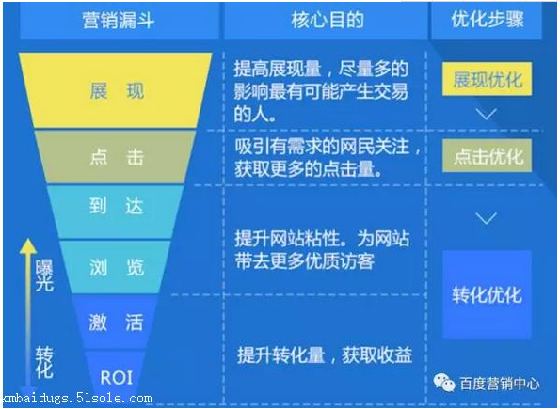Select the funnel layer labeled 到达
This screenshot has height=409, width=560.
click(117, 208)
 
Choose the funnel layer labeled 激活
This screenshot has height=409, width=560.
click(117, 322)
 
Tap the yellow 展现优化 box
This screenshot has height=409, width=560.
click(487, 80)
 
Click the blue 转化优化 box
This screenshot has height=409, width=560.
click(487, 294)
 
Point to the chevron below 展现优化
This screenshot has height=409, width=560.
click(487, 115)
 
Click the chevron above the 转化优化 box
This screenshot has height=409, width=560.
click(487, 219)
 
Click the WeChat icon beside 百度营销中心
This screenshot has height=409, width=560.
click(440, 383)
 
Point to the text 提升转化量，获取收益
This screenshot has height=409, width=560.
click(325, 355)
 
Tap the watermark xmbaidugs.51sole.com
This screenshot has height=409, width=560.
click(76, 399)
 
